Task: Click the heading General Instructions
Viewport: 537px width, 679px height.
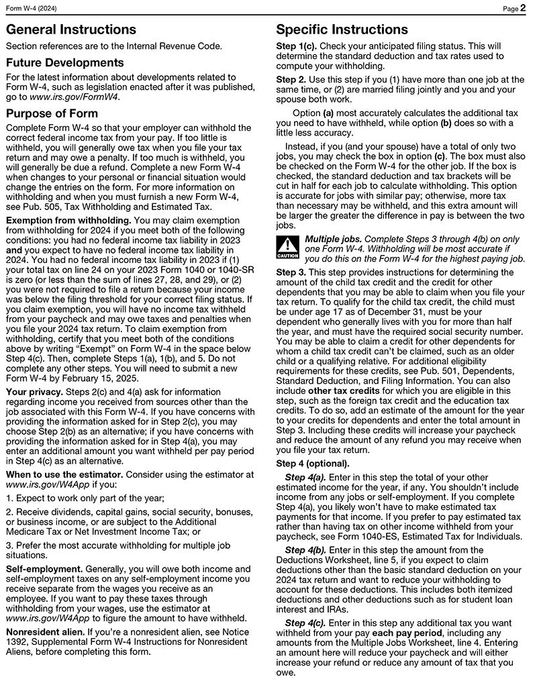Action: click(x=70, y=30)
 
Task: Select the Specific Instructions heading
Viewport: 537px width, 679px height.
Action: click(x=342, y=30)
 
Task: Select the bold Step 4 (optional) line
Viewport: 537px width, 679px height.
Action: click(x=313, y=464)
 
